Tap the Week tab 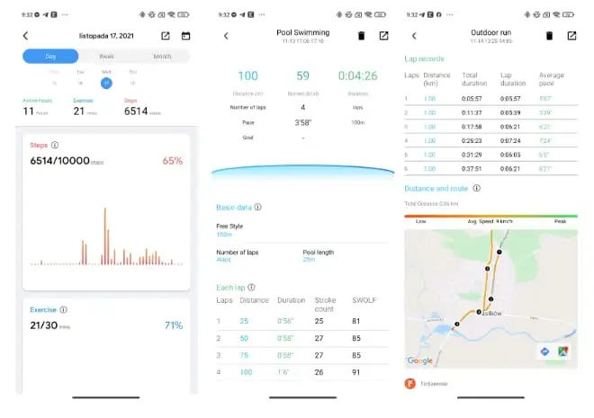tap(106, 57)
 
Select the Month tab tap(162, 57)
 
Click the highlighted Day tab tap(50, 57)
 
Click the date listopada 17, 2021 tap(105, 35)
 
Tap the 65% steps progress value tap(172, 161)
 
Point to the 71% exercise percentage tap(173, 325)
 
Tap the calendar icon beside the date tap(185, 36)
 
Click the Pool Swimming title tap(302, 31)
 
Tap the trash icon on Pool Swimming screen tap(362, 36)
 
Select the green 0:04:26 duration tap(358, 76)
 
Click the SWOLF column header tap(364, 299)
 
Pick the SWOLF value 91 tap(357, 371)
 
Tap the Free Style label tap(230, 226)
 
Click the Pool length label tap(319, 252)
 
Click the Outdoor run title tap(490, 31)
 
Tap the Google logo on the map tap(419, 360)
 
